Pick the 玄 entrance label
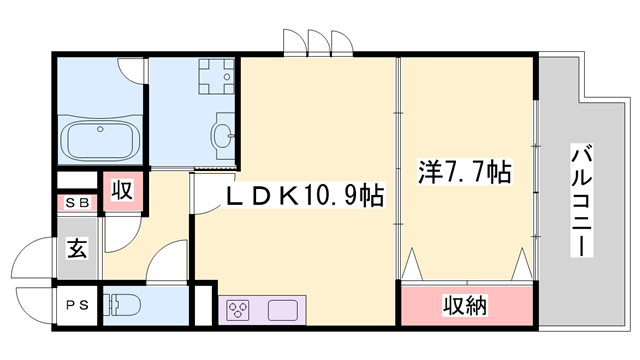coord(77,248)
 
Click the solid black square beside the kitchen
coord(204,305)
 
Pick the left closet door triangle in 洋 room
coord(413,265)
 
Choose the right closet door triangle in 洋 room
coord(521,265)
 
